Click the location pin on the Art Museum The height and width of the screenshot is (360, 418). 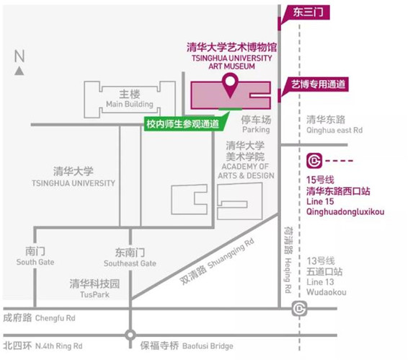coord(230,82)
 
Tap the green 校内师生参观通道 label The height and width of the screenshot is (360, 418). coord(184,124)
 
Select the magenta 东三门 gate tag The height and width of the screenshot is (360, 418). coord(307,12)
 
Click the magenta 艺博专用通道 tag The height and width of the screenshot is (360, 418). coord(316,84)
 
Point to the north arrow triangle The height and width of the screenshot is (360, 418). coord(19,71)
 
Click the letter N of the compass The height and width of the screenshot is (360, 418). coord(19,56)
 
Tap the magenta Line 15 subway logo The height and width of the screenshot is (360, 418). coord(314,161)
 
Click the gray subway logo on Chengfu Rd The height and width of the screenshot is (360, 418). coord(299,309)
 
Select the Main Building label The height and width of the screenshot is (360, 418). coord(130,104)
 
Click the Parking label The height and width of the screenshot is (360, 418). coord(256,130)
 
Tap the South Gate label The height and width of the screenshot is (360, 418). coord(35,262)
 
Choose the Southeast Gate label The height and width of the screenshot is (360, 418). coord(130,263)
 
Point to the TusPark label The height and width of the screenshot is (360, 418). coord(94,294)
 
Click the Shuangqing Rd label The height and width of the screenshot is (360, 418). coord(231,253)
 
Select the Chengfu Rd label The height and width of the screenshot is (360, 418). coord(55,318)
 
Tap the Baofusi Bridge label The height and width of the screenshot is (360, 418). coord(208,346)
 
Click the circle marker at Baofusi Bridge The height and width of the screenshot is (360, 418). coord(130,335)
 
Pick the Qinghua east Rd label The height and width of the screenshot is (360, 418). coord(334,131)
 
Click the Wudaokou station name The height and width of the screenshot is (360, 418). coord(326,292)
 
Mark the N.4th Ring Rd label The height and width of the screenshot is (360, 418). coord(59,346)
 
